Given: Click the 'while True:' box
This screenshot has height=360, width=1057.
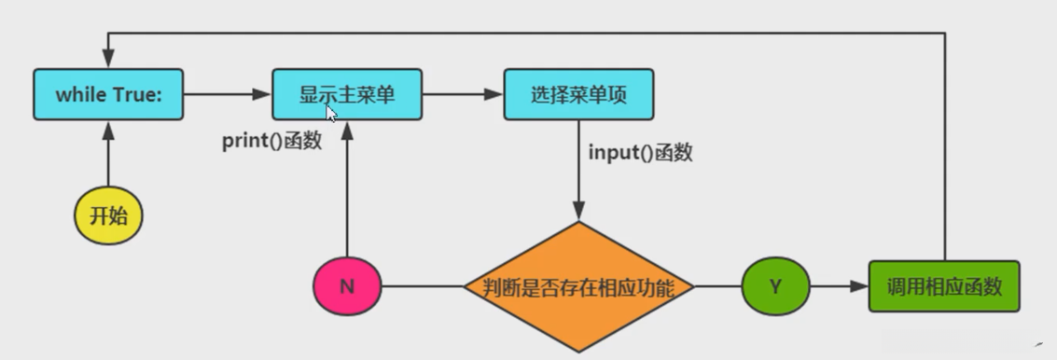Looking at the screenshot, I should pyautogui.click(x=107, y=93).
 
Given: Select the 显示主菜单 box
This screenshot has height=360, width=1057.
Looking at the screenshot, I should pyautogui.click(x=346, y=93).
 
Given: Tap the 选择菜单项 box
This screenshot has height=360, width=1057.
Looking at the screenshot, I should pyautogui.click(x=577, y=93).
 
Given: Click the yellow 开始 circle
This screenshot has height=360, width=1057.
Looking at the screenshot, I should pyautogui.click(x=108, y=217).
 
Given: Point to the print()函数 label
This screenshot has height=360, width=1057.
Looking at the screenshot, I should pyautogui.click(x=271, y=142).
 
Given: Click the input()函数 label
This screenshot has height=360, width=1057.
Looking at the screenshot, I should pyautogui.click(x=640, y=153).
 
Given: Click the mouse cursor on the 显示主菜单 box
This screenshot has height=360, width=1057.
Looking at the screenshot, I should pyautogui.click(x=331, y=113).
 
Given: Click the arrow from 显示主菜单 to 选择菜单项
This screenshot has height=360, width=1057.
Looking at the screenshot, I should pyautogui.click(x=461, y=93).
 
